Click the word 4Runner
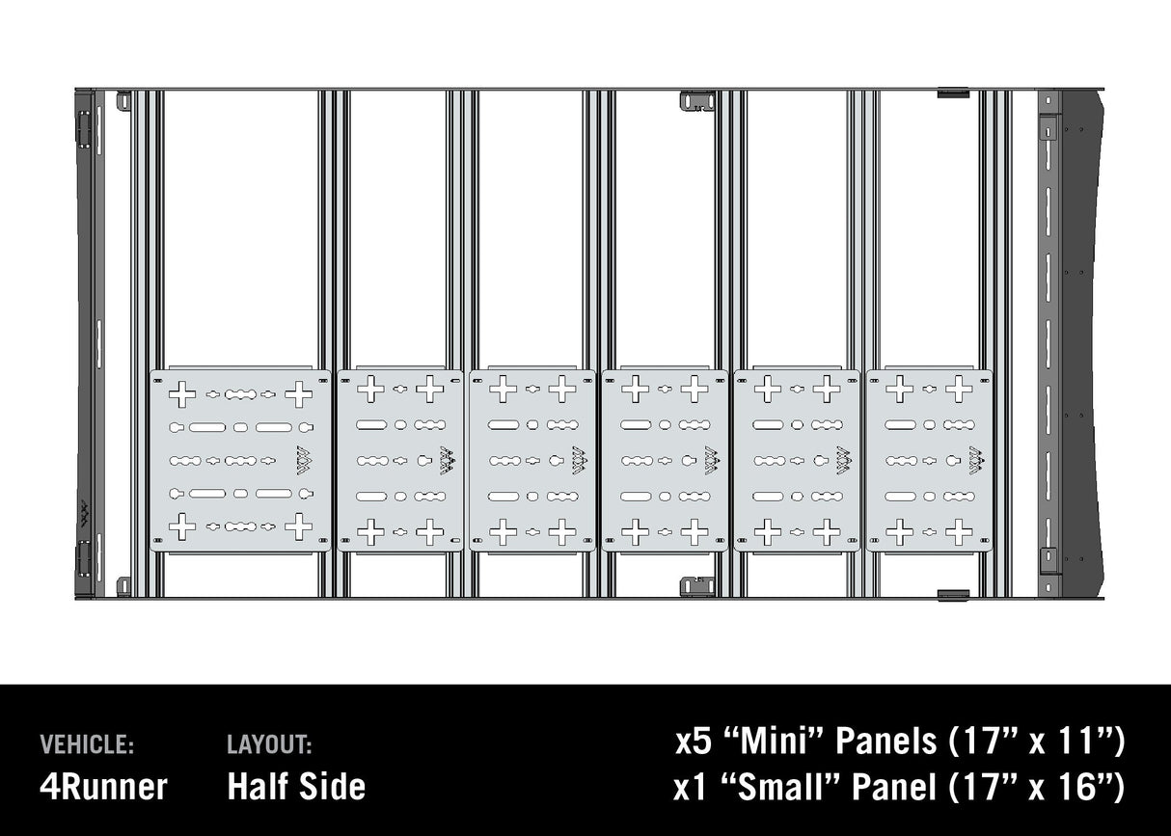(x=103, y=786)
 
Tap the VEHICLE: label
(x=87, y=744)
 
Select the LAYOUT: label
(x=269, y=744)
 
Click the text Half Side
(x=296, y=786)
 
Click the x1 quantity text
(x=690, y=787)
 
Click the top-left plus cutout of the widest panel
(x=182, y=393)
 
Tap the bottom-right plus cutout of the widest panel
(x=298, y=526)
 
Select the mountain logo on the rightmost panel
(x=975, y=460)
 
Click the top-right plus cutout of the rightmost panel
(x=959, y=389)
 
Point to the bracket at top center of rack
(x=697, y=101)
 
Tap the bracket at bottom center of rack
(x=697, y=586)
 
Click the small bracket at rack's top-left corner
(x=123, y=100)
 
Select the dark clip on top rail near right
(x=953, y=94)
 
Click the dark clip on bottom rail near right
(x=953, y=595)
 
